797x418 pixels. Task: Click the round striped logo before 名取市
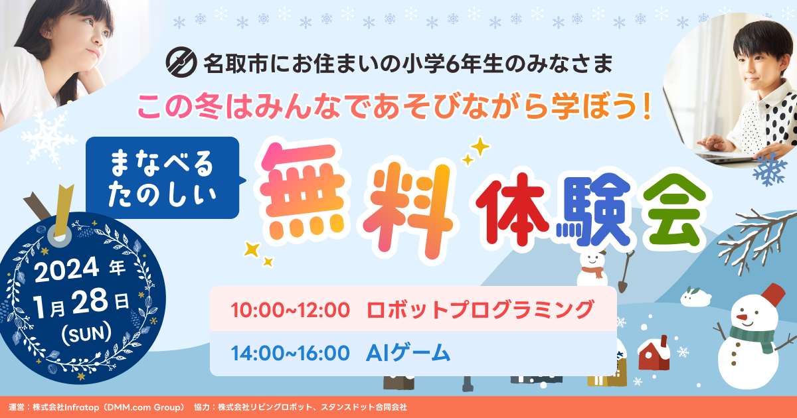[181, 62]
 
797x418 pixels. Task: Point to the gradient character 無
[302, 192]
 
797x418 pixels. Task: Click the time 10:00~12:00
[290, 310]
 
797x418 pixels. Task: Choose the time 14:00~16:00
[290, 353]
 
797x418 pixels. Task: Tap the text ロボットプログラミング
[480, 310]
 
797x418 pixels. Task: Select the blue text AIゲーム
[408, 353]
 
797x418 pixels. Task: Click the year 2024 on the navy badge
[66, 270]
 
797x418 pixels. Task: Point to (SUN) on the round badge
[86, 333]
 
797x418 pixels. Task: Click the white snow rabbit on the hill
[695, 297]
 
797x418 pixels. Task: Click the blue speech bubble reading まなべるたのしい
[163, 178]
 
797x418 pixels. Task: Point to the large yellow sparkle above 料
[480, 147]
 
